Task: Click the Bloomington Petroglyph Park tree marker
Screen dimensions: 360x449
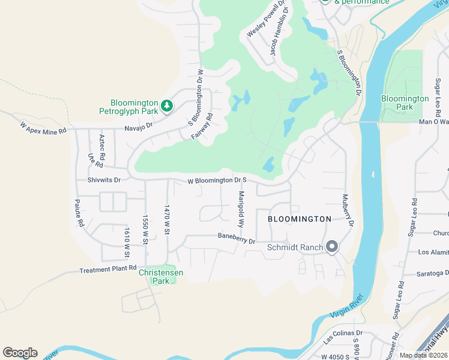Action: pyautogui.click(x=167, y=106)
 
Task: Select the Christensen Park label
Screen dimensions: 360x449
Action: pyautogui.click(x=161, y=277)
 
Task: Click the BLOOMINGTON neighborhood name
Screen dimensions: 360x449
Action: pyautogui.click(x=300, y=219)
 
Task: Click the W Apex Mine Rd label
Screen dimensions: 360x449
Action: pyautogui.click(x=43, y=128)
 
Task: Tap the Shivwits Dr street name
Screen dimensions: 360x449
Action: pyautogui.click(x=104, y=179)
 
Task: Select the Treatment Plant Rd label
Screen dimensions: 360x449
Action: pyautogui.click(x=108, y=269)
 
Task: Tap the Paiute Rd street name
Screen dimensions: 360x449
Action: pyautogui.click(x=79, y=213)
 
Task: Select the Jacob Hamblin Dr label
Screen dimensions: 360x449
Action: pyautogui.click(x=279, y=31)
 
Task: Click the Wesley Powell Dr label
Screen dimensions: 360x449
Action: pyautogui.click(x=264, y=21)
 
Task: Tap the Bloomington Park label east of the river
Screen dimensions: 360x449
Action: pyautogui.click(x=405, y=103)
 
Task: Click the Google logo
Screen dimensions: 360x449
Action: pyautogui.click(x=20, y=352)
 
